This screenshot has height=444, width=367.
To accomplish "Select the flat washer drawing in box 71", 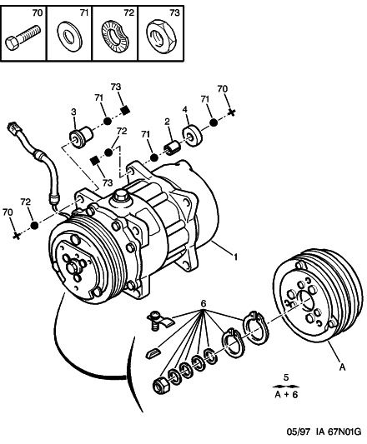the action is (69, 36).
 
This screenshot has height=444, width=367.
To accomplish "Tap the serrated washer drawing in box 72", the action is (114, 37).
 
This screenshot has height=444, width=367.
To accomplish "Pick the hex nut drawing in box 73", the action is (161, 37).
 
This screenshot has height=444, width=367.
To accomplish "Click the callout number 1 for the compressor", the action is (235, 257).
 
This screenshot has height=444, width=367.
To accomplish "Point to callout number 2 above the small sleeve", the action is (167, 122).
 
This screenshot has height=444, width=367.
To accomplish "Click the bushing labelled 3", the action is (81, 137).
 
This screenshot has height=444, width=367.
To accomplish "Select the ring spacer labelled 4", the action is (192, 136).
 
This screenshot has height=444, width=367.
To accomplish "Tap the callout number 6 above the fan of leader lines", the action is (204, 303).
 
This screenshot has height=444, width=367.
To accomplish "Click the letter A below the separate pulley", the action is (342, 367).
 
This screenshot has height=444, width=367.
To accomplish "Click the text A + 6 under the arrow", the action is (286, 395).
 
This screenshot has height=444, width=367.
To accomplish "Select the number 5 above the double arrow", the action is (286, 377).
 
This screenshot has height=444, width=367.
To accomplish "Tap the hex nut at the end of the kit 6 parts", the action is (161, 384).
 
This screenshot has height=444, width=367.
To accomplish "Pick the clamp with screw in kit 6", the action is (159, 321).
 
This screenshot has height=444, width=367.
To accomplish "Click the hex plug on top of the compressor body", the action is (120, 196).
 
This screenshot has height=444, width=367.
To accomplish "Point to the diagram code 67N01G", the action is (344, 432).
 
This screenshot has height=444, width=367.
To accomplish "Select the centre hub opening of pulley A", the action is (305, 301).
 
